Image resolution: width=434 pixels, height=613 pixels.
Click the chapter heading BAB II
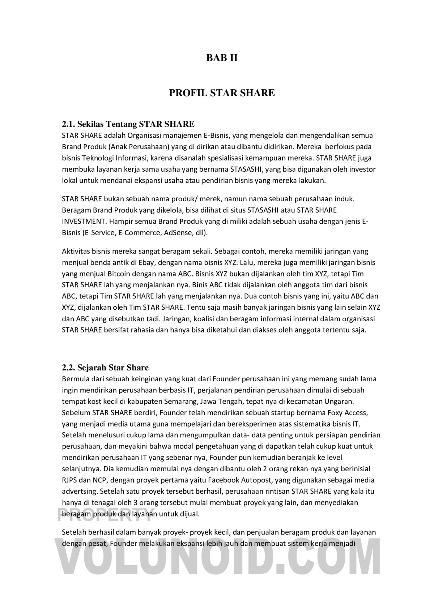pos(222,58)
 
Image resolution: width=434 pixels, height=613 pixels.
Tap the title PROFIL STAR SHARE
pos(222,93)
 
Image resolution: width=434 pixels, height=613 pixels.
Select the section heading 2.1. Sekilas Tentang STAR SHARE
pos(128,124)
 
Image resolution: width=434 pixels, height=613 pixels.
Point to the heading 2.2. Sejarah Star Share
pos(105,368)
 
